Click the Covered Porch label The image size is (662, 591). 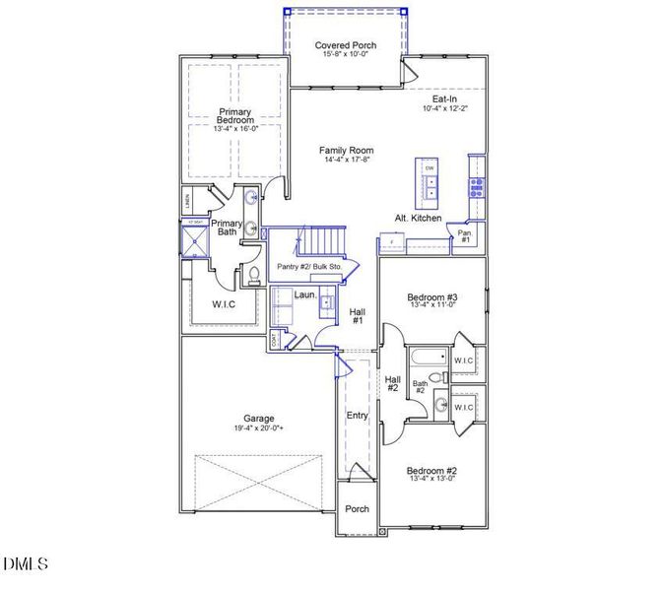[x=346, y=45]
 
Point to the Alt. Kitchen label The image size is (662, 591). [x=418, y=218]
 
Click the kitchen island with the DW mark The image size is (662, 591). [x=429, y=181]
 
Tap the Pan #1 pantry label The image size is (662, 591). [x=465, y=236]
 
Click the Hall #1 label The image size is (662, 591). [x=358, y=316]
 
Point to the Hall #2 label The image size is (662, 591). [x=392, y=384]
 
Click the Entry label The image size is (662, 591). [x=357, y=416]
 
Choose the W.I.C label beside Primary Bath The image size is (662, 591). [x=224, y=304]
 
